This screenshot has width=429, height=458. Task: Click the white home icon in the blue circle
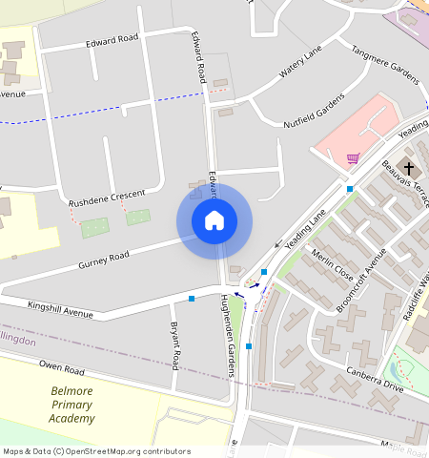point(214,221)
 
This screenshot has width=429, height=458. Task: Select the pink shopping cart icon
point(354,158)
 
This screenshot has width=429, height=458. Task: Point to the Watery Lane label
point(302,64)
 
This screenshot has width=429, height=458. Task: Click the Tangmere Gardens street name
point(385,65)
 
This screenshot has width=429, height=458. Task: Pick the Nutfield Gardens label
point(314,113)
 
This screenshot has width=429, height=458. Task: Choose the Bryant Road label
point(175,345)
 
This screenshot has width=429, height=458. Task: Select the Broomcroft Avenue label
point(361,279)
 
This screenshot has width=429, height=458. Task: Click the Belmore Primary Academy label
point(72,405)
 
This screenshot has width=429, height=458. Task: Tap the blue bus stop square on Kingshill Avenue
point(192,299)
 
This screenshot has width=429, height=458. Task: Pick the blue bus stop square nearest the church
point(351,189)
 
